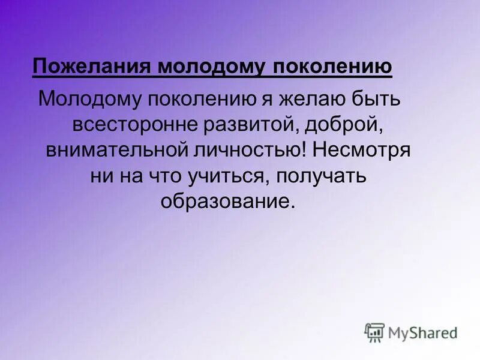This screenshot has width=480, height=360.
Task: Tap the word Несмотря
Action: coord(361,149)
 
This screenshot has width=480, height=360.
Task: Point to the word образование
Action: coord(228,201)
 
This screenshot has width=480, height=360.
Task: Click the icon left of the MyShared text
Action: coord(374,332)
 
